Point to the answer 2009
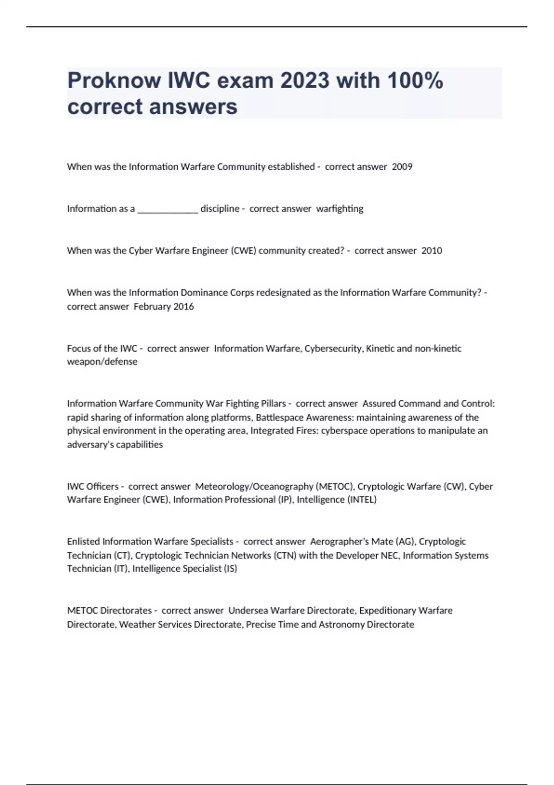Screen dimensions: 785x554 click(402, 167)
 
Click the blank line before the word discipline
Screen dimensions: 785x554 click(168, 209)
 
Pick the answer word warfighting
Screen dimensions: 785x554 click(340, 209)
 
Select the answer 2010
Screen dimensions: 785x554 click(432, 251)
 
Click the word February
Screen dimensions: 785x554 click(151, 307)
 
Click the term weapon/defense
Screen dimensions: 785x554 click(102, 362)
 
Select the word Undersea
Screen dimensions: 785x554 click(247, 610)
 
